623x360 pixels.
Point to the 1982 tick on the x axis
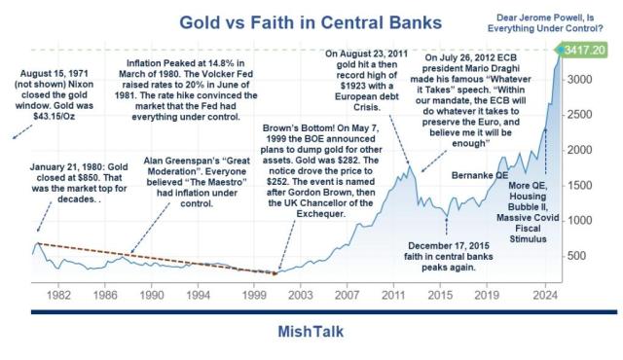[58, 292]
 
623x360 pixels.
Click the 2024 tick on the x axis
[545, 292]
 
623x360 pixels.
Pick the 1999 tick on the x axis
[255, 292]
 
